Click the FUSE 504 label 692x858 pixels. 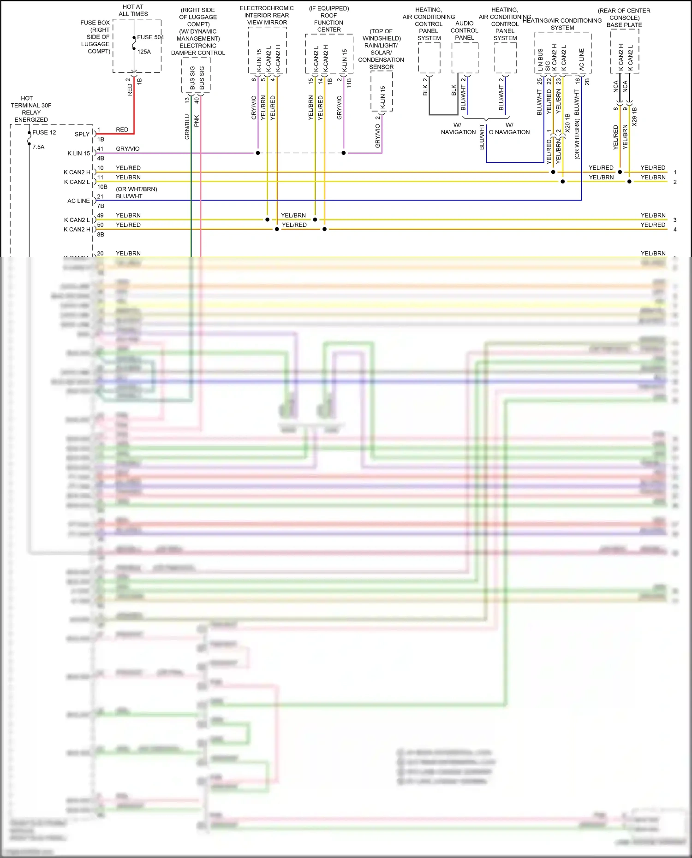pyautogui.click(x=150, y=37)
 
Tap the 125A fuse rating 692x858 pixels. pyautogui.click(x=144, y=52)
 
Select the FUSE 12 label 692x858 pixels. pyautogui.click(x=44, y=132)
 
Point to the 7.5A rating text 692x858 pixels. pyautogui.click(x=38, y=147)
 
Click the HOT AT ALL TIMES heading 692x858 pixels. pyautogui.click(x=133, y=10)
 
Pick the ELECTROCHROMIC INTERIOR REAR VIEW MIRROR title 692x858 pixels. pyautogui.click(x=267, y=15)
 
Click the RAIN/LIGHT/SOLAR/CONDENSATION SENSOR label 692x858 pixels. pyautogui.click(x=381, y=49)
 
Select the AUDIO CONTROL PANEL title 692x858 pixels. pyautogui.click(x=464, y=30)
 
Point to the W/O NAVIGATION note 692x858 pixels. pyautogui.click(x=509, y=129)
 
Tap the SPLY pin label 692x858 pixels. pyautogui.click(x=82, y=134)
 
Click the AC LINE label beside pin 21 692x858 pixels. pyautogui.click(x=78, y=201)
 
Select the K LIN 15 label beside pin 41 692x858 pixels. pyautogui.click(x=78, y=154)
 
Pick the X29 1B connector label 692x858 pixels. pyautogui.click(x=635, y=117)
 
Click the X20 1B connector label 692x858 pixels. pyautogui.click(x=567, y=123)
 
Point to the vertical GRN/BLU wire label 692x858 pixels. pyautogui.click(x=187, y=127)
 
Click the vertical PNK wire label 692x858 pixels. pyautogui.click(x=197, y=121)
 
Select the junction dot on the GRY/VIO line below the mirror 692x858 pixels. pyautogui.click(x=258, y=153)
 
